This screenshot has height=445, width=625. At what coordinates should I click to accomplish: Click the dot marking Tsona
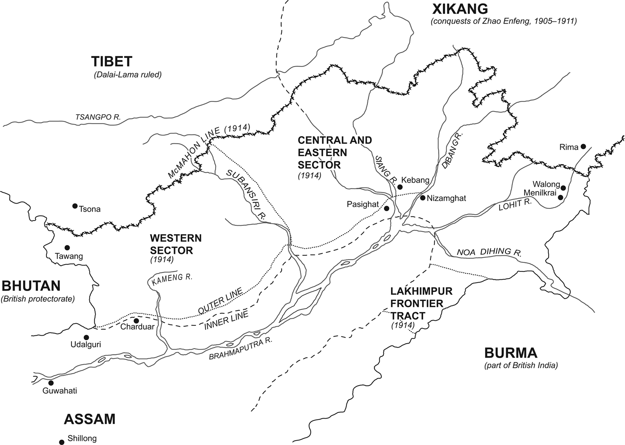[x=75, y=206]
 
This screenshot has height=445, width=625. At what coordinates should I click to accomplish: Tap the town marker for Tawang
[x=67, y=248]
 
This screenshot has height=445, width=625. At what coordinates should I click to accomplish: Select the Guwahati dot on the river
[x=51, y=383]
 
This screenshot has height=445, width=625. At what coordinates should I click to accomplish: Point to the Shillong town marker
[x=62, y=442]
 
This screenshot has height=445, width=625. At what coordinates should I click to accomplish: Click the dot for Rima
[x=583, y=146]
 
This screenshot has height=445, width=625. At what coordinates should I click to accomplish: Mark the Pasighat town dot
[x=387, y=208]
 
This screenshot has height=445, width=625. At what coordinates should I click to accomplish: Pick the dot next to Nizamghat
[x=422, y=197]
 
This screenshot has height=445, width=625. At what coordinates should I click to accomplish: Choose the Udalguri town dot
[x=86, y=337]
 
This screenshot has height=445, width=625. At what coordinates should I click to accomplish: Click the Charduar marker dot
[x=136, y=320]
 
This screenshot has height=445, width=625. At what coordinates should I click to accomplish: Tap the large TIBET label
[x=112, y=62]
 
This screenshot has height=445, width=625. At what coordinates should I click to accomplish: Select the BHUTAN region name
[x=31, y=286]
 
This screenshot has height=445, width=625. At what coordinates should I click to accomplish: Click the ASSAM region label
[x=90, y=419]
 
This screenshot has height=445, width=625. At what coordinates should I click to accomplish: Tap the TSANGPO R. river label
[x=98, y=117]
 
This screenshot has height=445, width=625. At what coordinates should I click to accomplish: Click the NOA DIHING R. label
[x=489, y=252]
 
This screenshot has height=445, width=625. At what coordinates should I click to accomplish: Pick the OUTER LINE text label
[x=221, y=300]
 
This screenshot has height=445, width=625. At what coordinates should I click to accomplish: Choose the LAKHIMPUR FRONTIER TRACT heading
[x=421, y=304]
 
